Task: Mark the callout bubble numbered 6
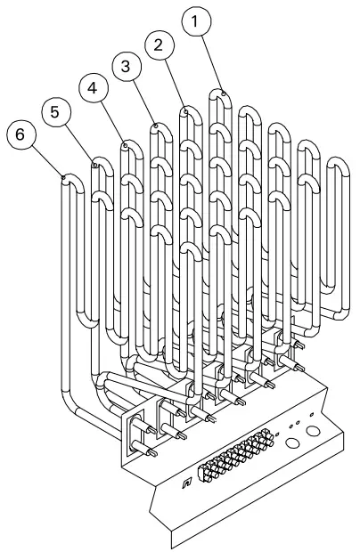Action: point(21,136)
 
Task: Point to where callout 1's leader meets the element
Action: point(222,91)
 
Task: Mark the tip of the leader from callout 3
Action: point(155,126)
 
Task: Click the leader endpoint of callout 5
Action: point(94,164)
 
